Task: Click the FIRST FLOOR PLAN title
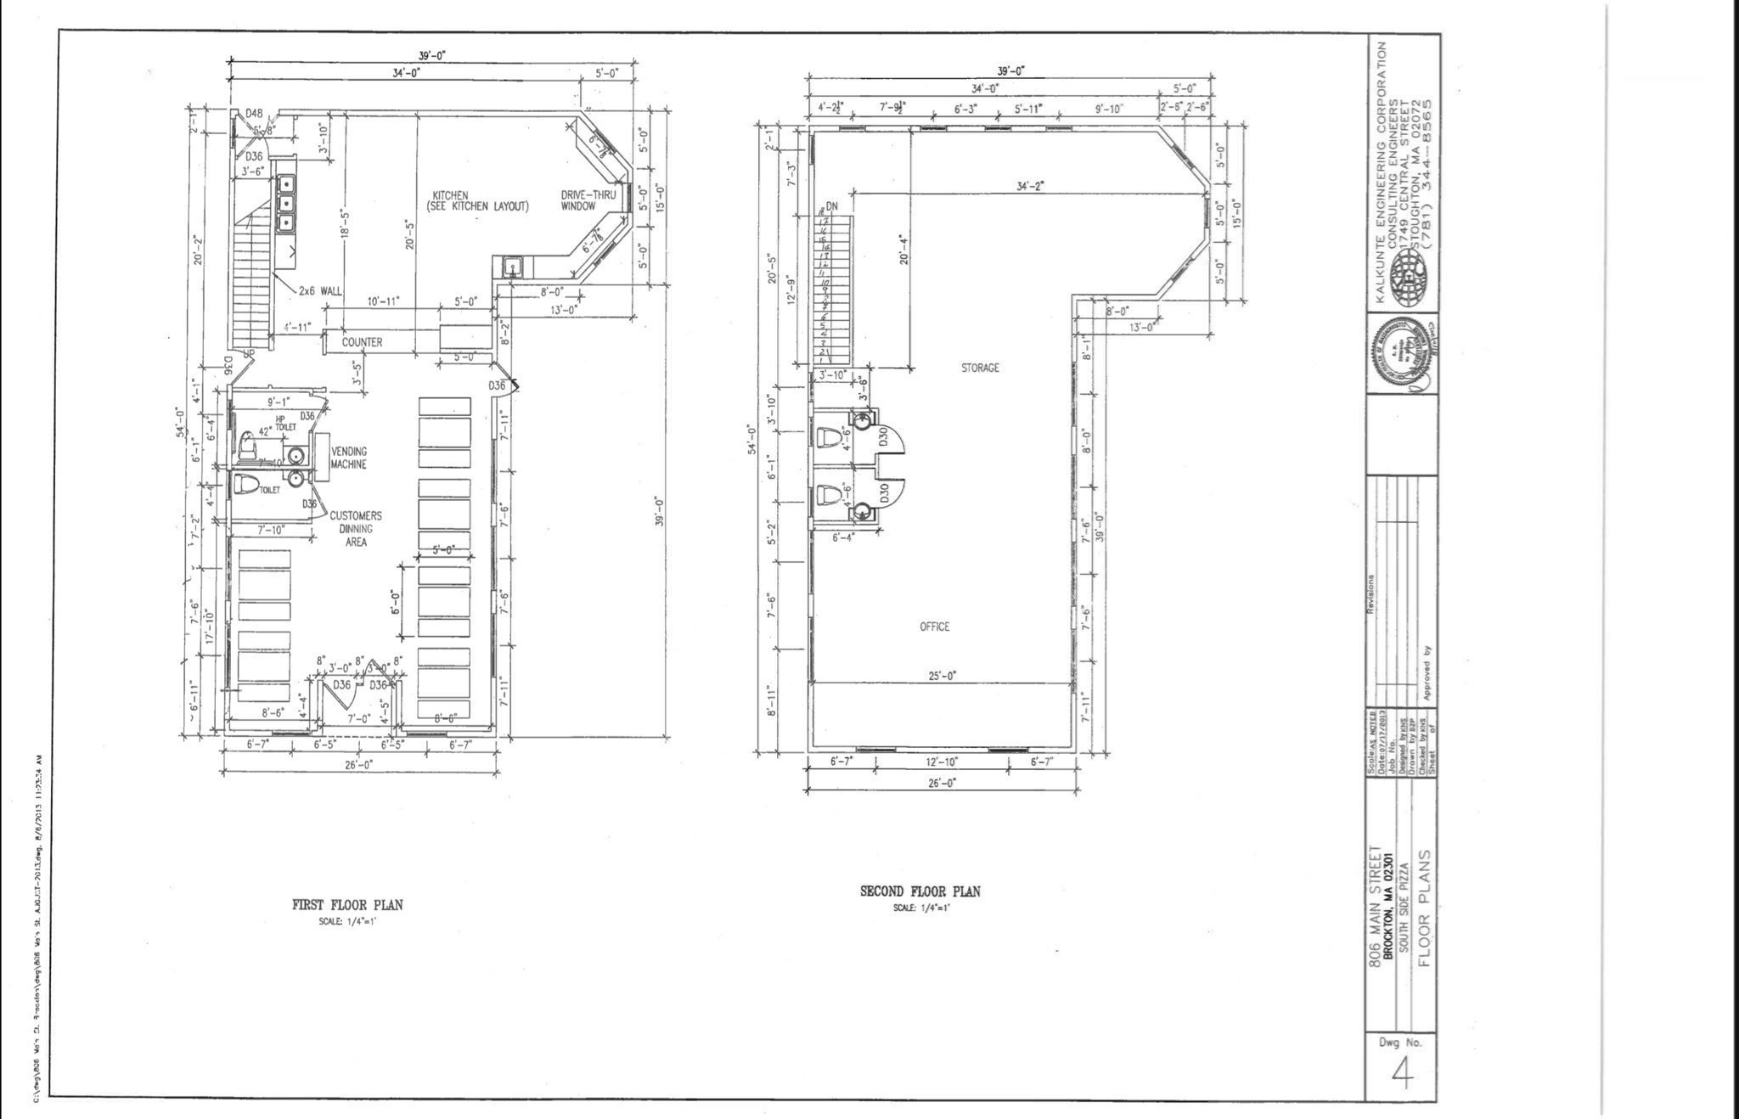(347, 905)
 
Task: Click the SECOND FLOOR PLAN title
(920, 891)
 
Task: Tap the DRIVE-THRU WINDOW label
(588, 200)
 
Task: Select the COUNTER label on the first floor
(362, 342)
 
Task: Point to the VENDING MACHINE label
(349, 458)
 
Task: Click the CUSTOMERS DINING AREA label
(355, 528)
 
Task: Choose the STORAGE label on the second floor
(980, 368)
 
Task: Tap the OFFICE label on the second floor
(934, 627)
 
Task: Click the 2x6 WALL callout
(320, 290)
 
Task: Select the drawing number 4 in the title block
(1402, 1075)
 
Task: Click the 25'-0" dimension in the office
(941, 676)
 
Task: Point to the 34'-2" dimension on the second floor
(1030, 186)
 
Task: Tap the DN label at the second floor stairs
(831, 207)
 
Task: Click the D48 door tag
(254, 113)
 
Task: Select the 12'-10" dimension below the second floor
(942, 762)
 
